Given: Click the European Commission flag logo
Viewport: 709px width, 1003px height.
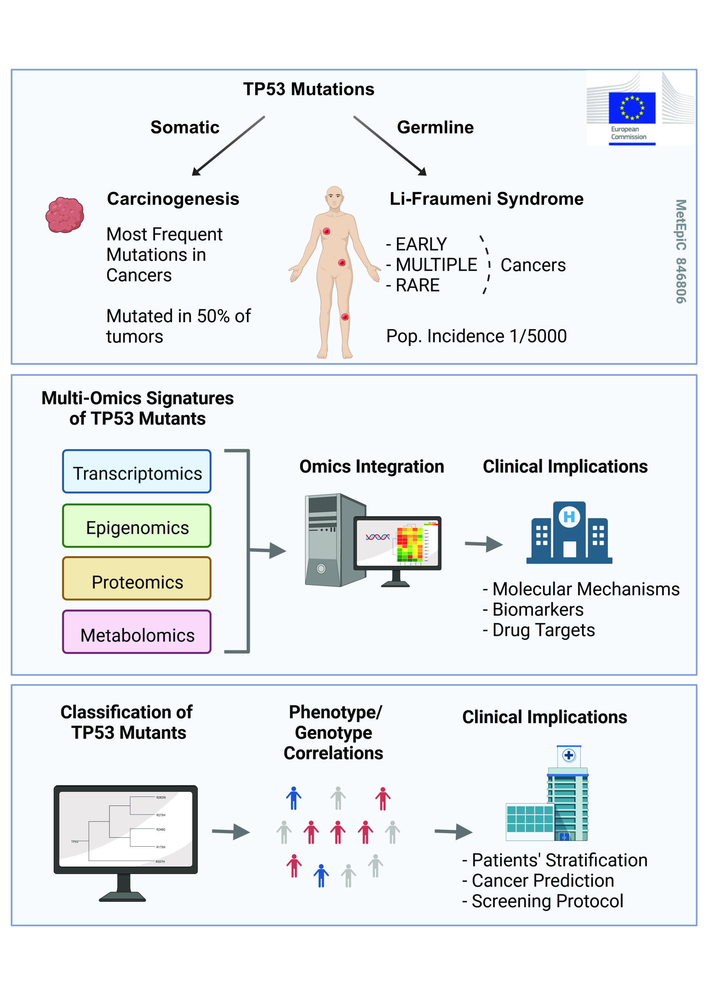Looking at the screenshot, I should [632, 108].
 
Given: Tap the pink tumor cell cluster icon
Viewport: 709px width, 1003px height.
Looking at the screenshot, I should [65, 215].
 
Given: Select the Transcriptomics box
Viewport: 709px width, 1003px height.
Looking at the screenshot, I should [137, 471].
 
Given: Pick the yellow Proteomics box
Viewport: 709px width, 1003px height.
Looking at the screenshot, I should [137, 578].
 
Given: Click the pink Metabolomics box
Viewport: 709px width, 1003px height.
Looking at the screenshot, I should [137, 632].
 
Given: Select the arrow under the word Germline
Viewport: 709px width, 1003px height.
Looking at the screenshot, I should [390, 146].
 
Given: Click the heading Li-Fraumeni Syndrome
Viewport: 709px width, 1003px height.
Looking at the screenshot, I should [486, 199].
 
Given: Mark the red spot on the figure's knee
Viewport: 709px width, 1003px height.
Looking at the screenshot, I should [345, 317].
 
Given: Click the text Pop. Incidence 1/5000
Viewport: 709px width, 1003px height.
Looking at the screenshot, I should [476, 336].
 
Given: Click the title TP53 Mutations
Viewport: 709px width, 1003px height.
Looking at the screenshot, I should [309, 89].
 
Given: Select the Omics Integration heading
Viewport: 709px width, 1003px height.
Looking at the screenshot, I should [372, 467].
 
